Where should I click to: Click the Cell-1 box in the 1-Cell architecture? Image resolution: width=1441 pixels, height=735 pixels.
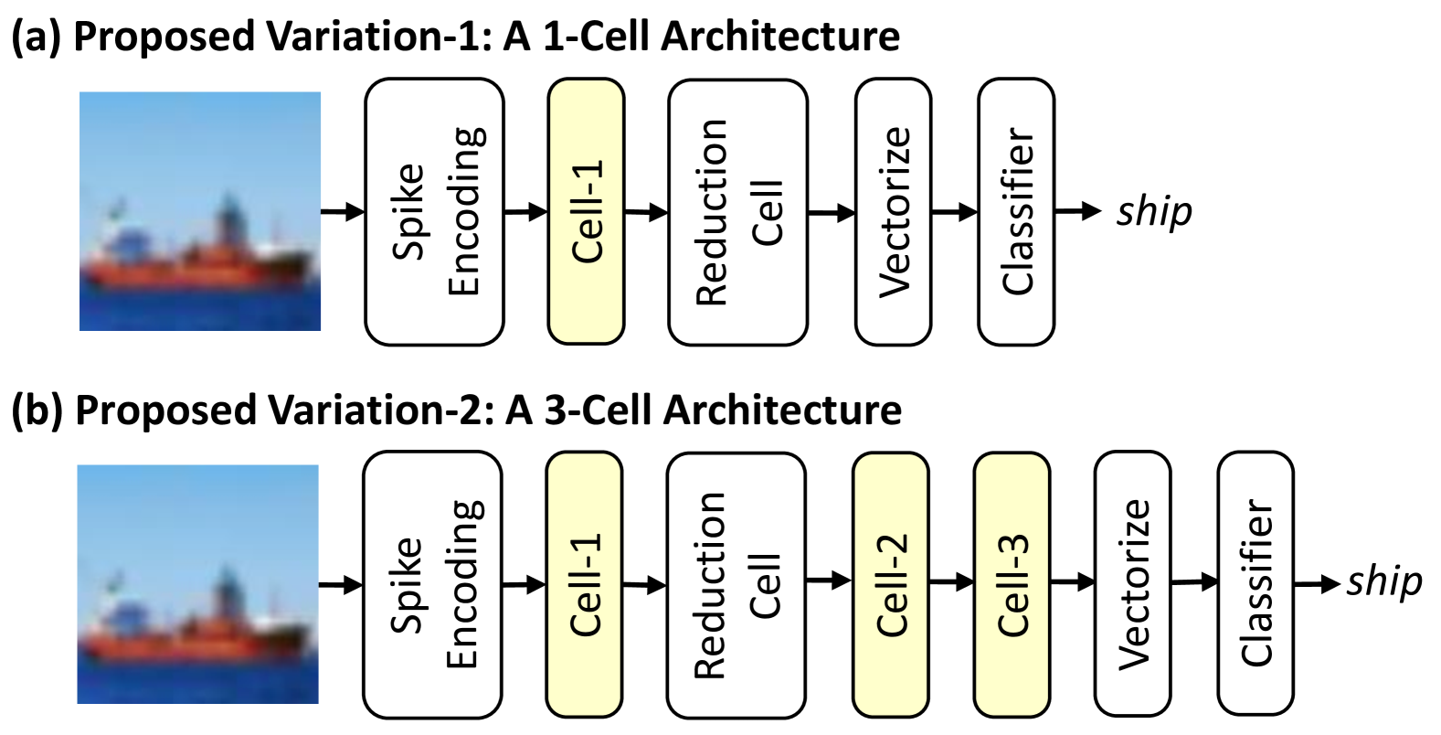coord(586,211)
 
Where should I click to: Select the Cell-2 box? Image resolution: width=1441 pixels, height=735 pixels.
coord(890,584)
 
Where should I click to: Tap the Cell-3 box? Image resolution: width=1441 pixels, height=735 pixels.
coord(1011,584)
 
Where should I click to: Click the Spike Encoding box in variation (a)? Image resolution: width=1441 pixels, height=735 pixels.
coord(434,211)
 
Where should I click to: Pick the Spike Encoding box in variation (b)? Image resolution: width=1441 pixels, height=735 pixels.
coord(432,584)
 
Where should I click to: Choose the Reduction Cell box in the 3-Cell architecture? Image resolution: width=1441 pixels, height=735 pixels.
coord(736,584)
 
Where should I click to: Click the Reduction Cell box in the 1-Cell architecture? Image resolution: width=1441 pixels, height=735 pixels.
coord(737,211)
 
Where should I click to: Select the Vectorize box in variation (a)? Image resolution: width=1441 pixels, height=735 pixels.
coord(893,211)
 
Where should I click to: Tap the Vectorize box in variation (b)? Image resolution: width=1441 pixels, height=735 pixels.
coord(1132,584)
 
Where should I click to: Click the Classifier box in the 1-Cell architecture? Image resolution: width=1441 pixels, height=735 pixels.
coord(1016,211)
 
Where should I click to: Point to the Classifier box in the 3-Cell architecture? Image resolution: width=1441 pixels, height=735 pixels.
coord(1256,584)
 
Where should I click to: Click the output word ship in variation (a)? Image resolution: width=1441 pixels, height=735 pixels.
coord(1154,212)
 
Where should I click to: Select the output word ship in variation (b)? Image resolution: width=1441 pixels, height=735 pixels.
coord(1383,582)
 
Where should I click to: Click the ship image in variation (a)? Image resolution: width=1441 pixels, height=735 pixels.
coord(200,211)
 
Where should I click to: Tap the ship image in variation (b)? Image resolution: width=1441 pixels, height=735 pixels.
coord(197,584)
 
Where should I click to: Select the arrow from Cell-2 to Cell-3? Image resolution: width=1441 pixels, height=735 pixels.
coord(951,581)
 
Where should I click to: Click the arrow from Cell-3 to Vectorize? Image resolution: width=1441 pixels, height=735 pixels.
coord(1072,581)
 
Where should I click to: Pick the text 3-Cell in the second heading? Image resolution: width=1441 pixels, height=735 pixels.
coord(600,410)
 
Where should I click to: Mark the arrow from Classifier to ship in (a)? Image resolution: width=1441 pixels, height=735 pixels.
coord(1078,211)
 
